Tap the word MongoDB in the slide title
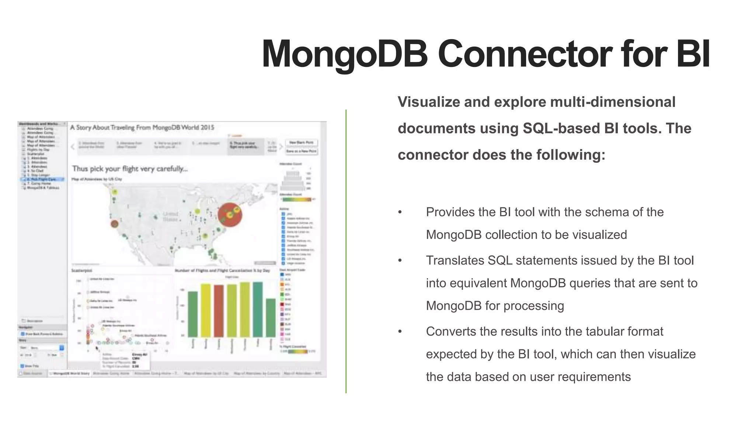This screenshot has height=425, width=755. [344, 54]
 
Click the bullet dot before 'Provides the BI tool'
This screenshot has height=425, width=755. [400, 212]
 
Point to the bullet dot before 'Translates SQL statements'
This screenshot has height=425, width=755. [400, 261]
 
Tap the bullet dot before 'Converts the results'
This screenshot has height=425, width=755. [400, 332]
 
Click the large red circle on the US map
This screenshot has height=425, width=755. [230, 215]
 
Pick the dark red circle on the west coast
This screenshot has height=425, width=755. [115, 224]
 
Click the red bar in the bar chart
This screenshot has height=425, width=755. [219, 311]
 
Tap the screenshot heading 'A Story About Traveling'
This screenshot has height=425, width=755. [142, 128]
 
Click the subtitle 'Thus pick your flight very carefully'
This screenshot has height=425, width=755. [130, 169]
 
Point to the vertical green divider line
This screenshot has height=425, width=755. [346, 251]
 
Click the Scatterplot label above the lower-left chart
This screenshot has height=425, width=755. [81, 270]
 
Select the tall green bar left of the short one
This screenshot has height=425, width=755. [258, 309]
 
